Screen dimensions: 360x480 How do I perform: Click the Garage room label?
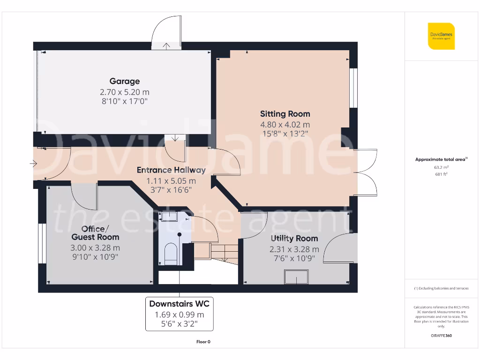tap(124, 81)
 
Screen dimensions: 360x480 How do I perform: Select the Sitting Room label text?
tap(285, 114)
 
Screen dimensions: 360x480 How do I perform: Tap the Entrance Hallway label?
tap(171, 170)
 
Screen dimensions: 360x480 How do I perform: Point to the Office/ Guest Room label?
tap(95, 232)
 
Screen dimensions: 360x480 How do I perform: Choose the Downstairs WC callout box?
tap(179, 314)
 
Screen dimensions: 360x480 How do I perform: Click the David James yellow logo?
tap(441, 36)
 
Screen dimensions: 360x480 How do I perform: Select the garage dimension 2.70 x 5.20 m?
tap(124, 92)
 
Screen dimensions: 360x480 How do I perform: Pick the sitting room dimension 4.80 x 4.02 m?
tap(285, 125)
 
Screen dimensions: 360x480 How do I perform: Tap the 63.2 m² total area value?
tap(441, 167)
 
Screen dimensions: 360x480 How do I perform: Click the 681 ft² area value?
tap(441, 174)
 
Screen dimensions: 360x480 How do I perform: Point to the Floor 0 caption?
tap(203, 342)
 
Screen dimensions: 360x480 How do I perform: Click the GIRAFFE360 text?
tap(441, 336)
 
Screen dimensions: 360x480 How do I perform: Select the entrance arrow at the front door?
tap(33, 164)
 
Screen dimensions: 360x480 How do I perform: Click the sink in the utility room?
tap(296, 278)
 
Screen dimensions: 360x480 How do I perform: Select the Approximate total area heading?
tap(441, 159)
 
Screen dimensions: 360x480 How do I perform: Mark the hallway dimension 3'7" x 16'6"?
tap(171, 189)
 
